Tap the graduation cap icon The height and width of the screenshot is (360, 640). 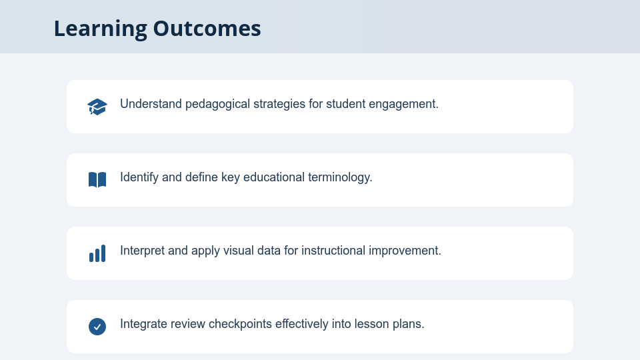pos(97,107)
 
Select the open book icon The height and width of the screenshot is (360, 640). pos(97,179)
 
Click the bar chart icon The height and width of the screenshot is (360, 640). pos(97,253)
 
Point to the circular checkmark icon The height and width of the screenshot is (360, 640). pos(97,327)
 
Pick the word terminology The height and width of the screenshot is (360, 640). pos(339,177)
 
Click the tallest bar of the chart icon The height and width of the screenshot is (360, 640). pos(103,253)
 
